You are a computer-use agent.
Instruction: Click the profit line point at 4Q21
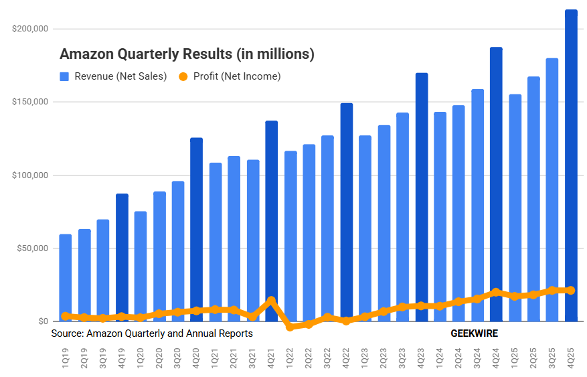point(271,301)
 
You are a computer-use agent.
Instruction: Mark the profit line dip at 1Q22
point(290,327)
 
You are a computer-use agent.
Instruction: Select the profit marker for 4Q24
point(496,293)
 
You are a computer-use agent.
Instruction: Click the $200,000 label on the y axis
point(29,29)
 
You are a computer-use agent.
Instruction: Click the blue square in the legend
point(65,76)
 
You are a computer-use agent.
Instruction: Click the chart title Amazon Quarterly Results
point(187,54)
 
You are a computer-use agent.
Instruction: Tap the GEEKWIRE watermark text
point(474,333)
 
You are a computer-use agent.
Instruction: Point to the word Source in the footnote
point(67,333)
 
